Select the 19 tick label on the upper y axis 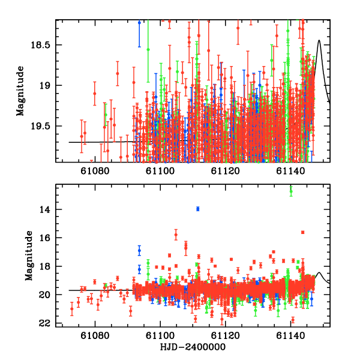point(46,85)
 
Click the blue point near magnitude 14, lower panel point(197,208)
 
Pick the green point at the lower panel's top point(291,191)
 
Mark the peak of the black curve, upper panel point(320,41)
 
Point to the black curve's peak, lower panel point(320,273)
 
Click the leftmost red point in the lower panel point(72,310)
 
